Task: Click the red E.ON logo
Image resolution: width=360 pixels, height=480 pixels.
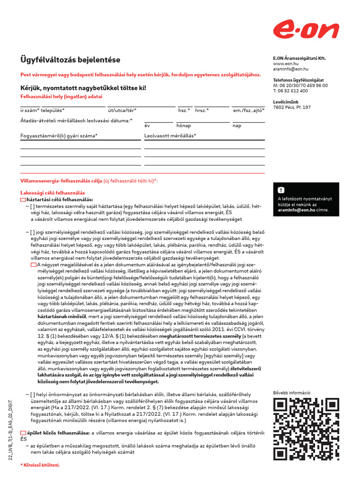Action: pos(306,31)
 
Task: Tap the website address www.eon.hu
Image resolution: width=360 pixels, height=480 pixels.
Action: pos(285,63)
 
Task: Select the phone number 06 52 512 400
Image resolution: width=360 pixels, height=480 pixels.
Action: pos(293,91)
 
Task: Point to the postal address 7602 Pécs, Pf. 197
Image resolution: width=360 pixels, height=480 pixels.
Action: pos(292,107)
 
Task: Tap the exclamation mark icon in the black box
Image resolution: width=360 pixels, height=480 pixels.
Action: pos(281,190)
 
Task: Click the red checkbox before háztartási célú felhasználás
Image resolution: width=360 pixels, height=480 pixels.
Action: pos(23,199)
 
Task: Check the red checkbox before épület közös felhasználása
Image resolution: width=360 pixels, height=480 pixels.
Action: pos(23,433)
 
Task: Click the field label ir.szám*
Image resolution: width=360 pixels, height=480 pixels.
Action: pos(30,110)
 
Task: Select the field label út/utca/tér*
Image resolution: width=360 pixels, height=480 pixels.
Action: pos(122,110)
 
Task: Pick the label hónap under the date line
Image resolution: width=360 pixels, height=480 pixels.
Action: pos(183,126)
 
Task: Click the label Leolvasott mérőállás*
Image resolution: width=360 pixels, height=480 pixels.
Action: pos(170,136)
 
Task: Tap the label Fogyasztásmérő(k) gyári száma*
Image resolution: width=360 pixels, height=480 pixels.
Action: pos(59,136)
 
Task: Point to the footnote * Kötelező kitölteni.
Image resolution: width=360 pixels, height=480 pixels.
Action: pos(40,465)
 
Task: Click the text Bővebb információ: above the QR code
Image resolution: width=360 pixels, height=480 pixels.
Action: pos(292,392)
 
